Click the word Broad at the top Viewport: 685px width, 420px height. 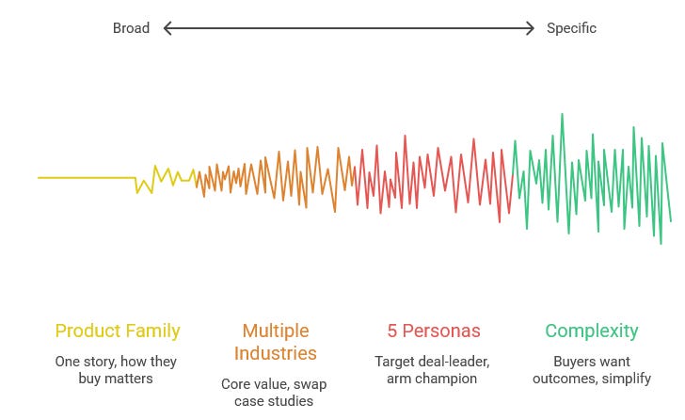tap(131, 28)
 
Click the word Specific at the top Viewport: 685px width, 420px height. tap(571, 28)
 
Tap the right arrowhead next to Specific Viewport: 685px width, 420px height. tap(531, 28)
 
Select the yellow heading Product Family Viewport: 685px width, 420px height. tap(118, 331)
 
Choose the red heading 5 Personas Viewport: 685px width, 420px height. tap(434, 331)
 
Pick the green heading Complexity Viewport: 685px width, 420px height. tap(591, 331)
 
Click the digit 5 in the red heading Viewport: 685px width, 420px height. tap(392, 331)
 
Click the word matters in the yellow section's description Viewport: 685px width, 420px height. tap(131, 379)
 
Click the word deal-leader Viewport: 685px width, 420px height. tap(458, 362)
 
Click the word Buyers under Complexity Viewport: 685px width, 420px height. tap(570, 362)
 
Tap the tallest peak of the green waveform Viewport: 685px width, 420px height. tap(562, 115)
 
